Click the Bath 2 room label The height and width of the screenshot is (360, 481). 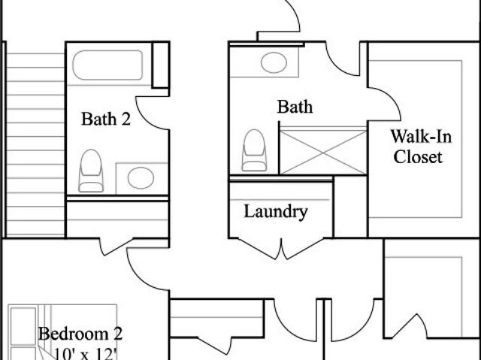pyautogui.click(x=106, y=119)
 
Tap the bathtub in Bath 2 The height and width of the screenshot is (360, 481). pyautogui.click(x=107, y=65)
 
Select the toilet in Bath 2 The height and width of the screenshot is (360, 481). pyautogui.click(x=91, y=171)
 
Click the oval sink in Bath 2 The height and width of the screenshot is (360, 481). pyautogui.click(x=141, y=178)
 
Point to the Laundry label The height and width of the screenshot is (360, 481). pyautogui.click(x=276, y=212)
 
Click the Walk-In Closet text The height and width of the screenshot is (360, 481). pyautogui.click(x=421, y=147)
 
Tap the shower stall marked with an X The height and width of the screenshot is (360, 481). pyautogui.click(x=323, y=152)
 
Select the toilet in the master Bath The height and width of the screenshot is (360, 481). pyautogui.click(x=254, y=150)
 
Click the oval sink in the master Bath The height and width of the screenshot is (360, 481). pyautogui.click(x=274, y=62)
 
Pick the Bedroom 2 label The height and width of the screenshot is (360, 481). pyautogui.click(x=80, y=334)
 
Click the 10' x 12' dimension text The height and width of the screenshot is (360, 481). pyautogui.click(x=86, y=354)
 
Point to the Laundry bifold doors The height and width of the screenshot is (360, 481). pyautogui.click(x=280, y=248)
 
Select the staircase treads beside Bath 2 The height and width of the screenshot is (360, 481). pyautogui.click(x=35, y=145)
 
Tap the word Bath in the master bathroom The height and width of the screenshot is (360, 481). pyautogui.click(x=295, y=107)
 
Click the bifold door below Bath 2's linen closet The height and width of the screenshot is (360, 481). pyautogui.click(x=116, y=247)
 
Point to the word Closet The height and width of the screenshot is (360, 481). pyautogui.click(x=418, y=157)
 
